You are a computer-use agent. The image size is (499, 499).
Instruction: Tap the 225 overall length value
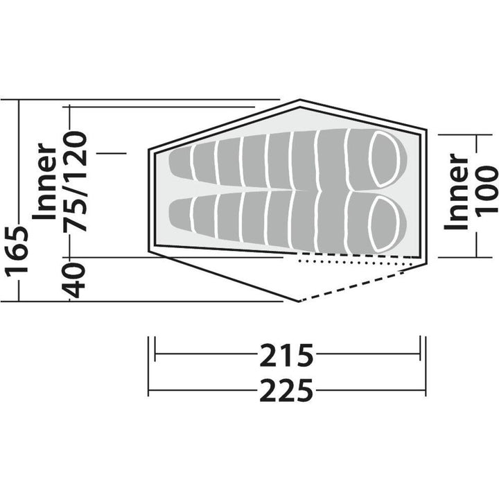(x=287, y=391)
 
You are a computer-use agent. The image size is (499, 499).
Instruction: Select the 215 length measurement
(x=287, y=356)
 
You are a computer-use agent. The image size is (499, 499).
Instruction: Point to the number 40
(x=78, y=280)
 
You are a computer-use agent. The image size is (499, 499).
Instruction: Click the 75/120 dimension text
(x=78, y=180)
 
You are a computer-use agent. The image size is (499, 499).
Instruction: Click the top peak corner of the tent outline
(x=299, y=100)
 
